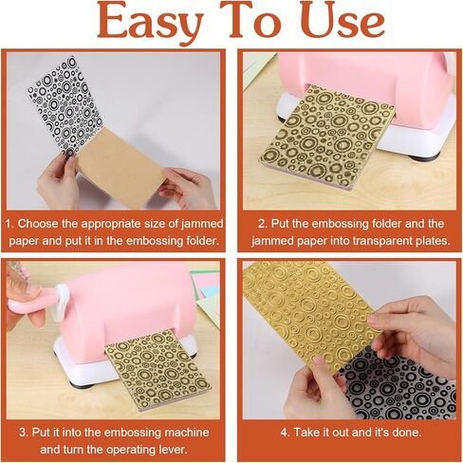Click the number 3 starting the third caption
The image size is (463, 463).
23,432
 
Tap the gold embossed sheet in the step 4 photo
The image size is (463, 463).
310,313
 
